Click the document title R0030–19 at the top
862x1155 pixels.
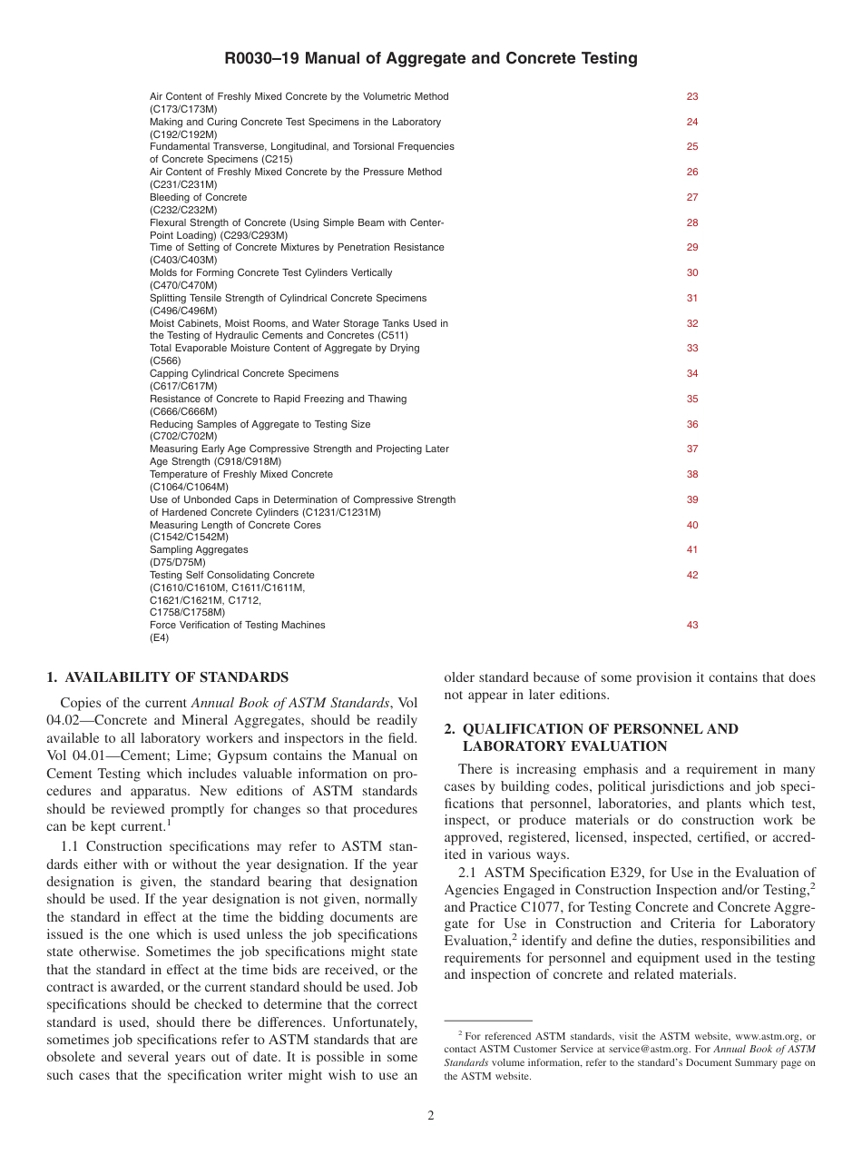pos(431,59)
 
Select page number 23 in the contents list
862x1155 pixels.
pos(692,96)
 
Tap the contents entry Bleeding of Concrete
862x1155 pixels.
pos(198,197)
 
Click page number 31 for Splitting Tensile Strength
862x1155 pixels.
pos(692,298)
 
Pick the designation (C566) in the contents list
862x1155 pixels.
pos(165,360)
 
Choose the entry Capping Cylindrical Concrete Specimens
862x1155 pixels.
pos(244,373)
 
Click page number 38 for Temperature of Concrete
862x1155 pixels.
pos(692,474)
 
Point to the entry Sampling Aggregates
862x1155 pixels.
pos(199,549)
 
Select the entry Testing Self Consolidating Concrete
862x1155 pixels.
pos(232,575)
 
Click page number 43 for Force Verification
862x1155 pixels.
pos(692,625)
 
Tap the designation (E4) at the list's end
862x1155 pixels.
pos(159,637)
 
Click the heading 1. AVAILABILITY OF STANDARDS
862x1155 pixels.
pos(167,677)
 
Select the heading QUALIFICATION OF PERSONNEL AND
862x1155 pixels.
pos(591,729)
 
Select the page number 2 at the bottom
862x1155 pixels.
pos(431,1116)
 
